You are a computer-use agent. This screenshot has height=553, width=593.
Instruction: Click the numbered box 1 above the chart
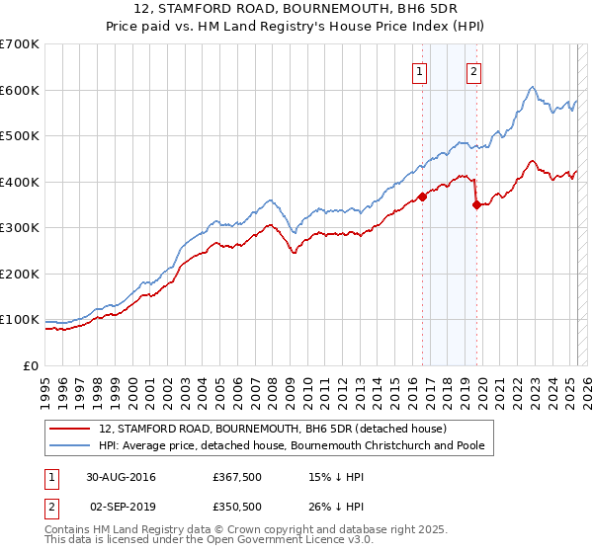coord(420,71)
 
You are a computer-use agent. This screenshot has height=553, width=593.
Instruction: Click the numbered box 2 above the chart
coord(474,71)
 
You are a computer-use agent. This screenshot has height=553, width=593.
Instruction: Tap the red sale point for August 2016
coord(422,196)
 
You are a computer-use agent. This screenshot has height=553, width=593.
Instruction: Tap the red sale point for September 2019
coord(476,204)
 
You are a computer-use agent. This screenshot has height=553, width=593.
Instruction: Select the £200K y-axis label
coord(20,274)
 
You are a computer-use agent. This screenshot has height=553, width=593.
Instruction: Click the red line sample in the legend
coord(68,430)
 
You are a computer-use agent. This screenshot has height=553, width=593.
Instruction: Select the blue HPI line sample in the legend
coord(68,446)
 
